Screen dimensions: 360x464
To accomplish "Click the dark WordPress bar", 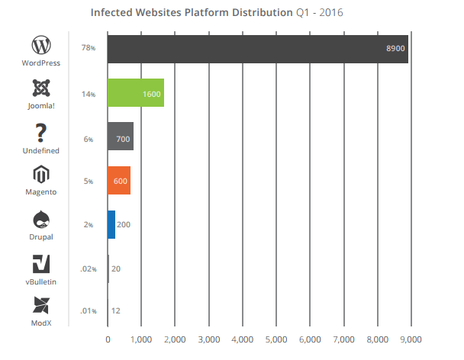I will point(258,49).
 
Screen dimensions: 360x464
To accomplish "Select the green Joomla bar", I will point(136,93).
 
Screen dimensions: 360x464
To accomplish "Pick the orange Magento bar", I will point(119,181).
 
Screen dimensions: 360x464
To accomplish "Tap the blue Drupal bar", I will point(111,224).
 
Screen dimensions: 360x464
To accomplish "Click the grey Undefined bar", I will point(121,137).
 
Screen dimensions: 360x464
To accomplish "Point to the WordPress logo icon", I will point(41,43).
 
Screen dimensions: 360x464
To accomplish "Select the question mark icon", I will point(41,131).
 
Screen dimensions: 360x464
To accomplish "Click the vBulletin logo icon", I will point(41,264).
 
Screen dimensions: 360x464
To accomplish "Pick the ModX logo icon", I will point(41,307).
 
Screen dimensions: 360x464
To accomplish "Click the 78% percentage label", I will point(88,50).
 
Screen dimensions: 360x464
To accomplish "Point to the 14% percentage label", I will point(88,94).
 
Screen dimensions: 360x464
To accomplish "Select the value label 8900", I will point(395,50).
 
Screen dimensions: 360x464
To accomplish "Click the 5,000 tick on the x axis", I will point(275,339).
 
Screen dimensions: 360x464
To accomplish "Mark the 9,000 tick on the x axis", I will point(410,339).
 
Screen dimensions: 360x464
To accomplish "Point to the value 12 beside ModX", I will point(116,312).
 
